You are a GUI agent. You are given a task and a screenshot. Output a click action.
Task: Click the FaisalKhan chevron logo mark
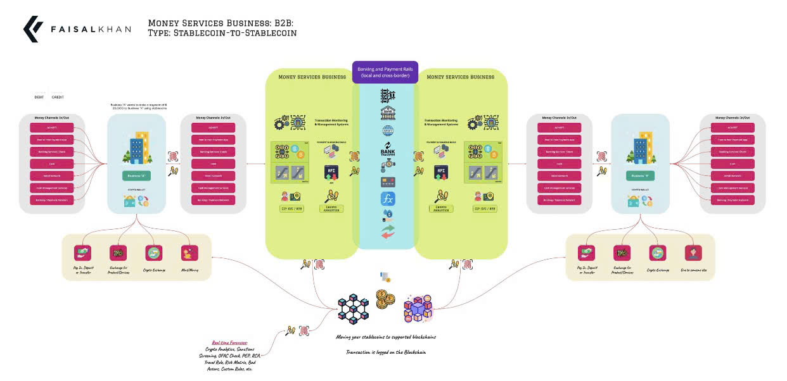32,29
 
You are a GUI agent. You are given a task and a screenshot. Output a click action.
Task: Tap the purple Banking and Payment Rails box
385,72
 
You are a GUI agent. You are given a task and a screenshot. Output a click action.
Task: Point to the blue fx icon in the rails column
388,199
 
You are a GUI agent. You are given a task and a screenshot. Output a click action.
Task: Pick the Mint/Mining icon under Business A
188,253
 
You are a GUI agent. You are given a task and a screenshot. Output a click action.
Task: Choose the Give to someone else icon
693,253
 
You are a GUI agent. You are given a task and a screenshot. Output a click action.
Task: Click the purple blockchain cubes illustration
418,309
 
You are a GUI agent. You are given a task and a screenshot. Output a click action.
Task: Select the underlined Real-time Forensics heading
229,342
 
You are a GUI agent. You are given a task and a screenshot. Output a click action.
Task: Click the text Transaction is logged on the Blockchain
385,352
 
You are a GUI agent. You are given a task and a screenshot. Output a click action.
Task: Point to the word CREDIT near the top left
58,97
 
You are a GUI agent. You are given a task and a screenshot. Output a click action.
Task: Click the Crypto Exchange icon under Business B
657,253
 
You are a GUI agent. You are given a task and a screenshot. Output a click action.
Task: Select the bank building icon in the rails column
388,113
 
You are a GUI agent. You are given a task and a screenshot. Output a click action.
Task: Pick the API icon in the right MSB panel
438,172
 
